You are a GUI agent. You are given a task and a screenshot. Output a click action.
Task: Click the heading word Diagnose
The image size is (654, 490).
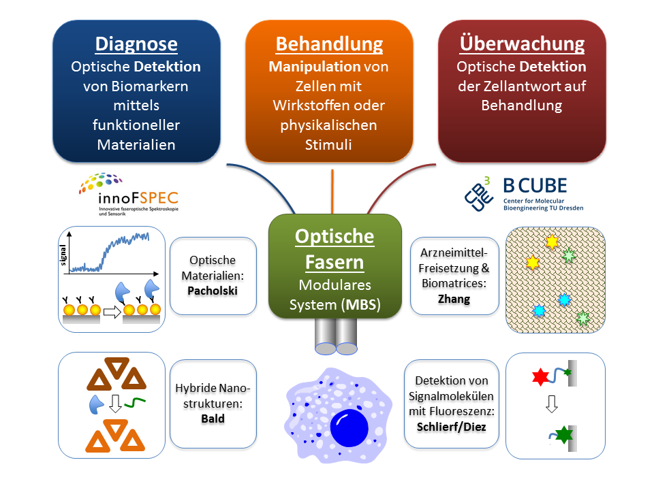click(136, 44)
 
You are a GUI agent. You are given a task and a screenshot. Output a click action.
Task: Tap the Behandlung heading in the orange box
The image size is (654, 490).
click(329, 44)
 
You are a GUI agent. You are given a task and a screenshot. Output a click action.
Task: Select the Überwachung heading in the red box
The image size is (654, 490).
click(522, 44)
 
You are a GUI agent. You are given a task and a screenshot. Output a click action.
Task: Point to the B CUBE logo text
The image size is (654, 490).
click(535, 185)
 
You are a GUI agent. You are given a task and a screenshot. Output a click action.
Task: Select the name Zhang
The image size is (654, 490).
click(454, 297)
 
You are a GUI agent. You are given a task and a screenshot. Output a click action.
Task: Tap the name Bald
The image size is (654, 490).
click(213, 418)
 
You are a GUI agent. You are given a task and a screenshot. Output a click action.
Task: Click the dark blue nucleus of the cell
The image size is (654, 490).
click(349, 428)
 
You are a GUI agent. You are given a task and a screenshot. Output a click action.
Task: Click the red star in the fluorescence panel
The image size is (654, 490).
click(539, 376)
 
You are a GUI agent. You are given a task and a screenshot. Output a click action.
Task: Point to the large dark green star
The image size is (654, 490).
click(563, 434)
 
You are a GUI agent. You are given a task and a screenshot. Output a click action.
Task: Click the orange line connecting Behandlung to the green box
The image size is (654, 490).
click(332, 191)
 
